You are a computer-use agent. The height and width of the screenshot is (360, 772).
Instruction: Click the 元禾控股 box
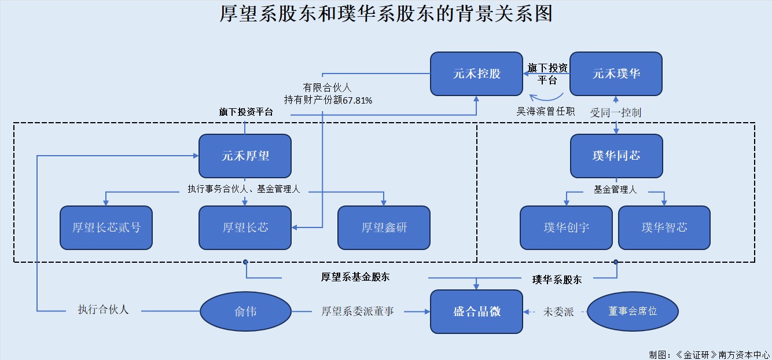pos(476,74)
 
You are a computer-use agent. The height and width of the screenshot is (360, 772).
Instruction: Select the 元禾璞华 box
pos(616,74)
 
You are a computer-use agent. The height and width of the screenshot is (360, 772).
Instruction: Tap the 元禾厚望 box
pos(245,156)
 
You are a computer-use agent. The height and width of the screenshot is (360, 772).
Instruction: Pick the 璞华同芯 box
pos(616,156)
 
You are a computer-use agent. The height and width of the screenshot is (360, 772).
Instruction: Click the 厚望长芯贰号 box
pos(106,227)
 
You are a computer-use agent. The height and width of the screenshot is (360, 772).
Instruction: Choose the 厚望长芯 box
pos(245,227)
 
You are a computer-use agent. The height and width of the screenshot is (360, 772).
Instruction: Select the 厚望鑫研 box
pos(384,227)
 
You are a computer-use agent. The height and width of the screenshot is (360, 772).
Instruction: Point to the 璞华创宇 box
pos(566,227)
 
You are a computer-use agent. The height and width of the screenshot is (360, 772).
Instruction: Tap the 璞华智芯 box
pos(664,227)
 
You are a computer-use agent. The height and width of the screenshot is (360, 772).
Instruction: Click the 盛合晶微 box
pos(476,311)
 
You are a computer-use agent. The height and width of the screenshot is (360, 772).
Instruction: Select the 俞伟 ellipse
pos(245,311)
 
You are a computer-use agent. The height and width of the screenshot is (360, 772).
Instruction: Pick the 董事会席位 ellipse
pos(633,311)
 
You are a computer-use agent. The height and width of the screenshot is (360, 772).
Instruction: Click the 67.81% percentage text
pos(358,100)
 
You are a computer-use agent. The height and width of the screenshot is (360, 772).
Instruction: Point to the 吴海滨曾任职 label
pos(545,111)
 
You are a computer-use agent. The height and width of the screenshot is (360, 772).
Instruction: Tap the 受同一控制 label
pos(615,112)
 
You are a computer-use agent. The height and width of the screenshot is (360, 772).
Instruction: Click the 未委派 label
pos(558,311)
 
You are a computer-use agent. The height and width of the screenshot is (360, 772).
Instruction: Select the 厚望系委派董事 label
pos(358,311)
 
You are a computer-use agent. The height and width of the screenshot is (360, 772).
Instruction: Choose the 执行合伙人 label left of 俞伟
pos(103,309)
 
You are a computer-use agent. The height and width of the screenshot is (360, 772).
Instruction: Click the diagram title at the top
pos(386,13)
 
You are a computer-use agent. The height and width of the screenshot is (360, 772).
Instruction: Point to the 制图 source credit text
pos(709,354)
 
